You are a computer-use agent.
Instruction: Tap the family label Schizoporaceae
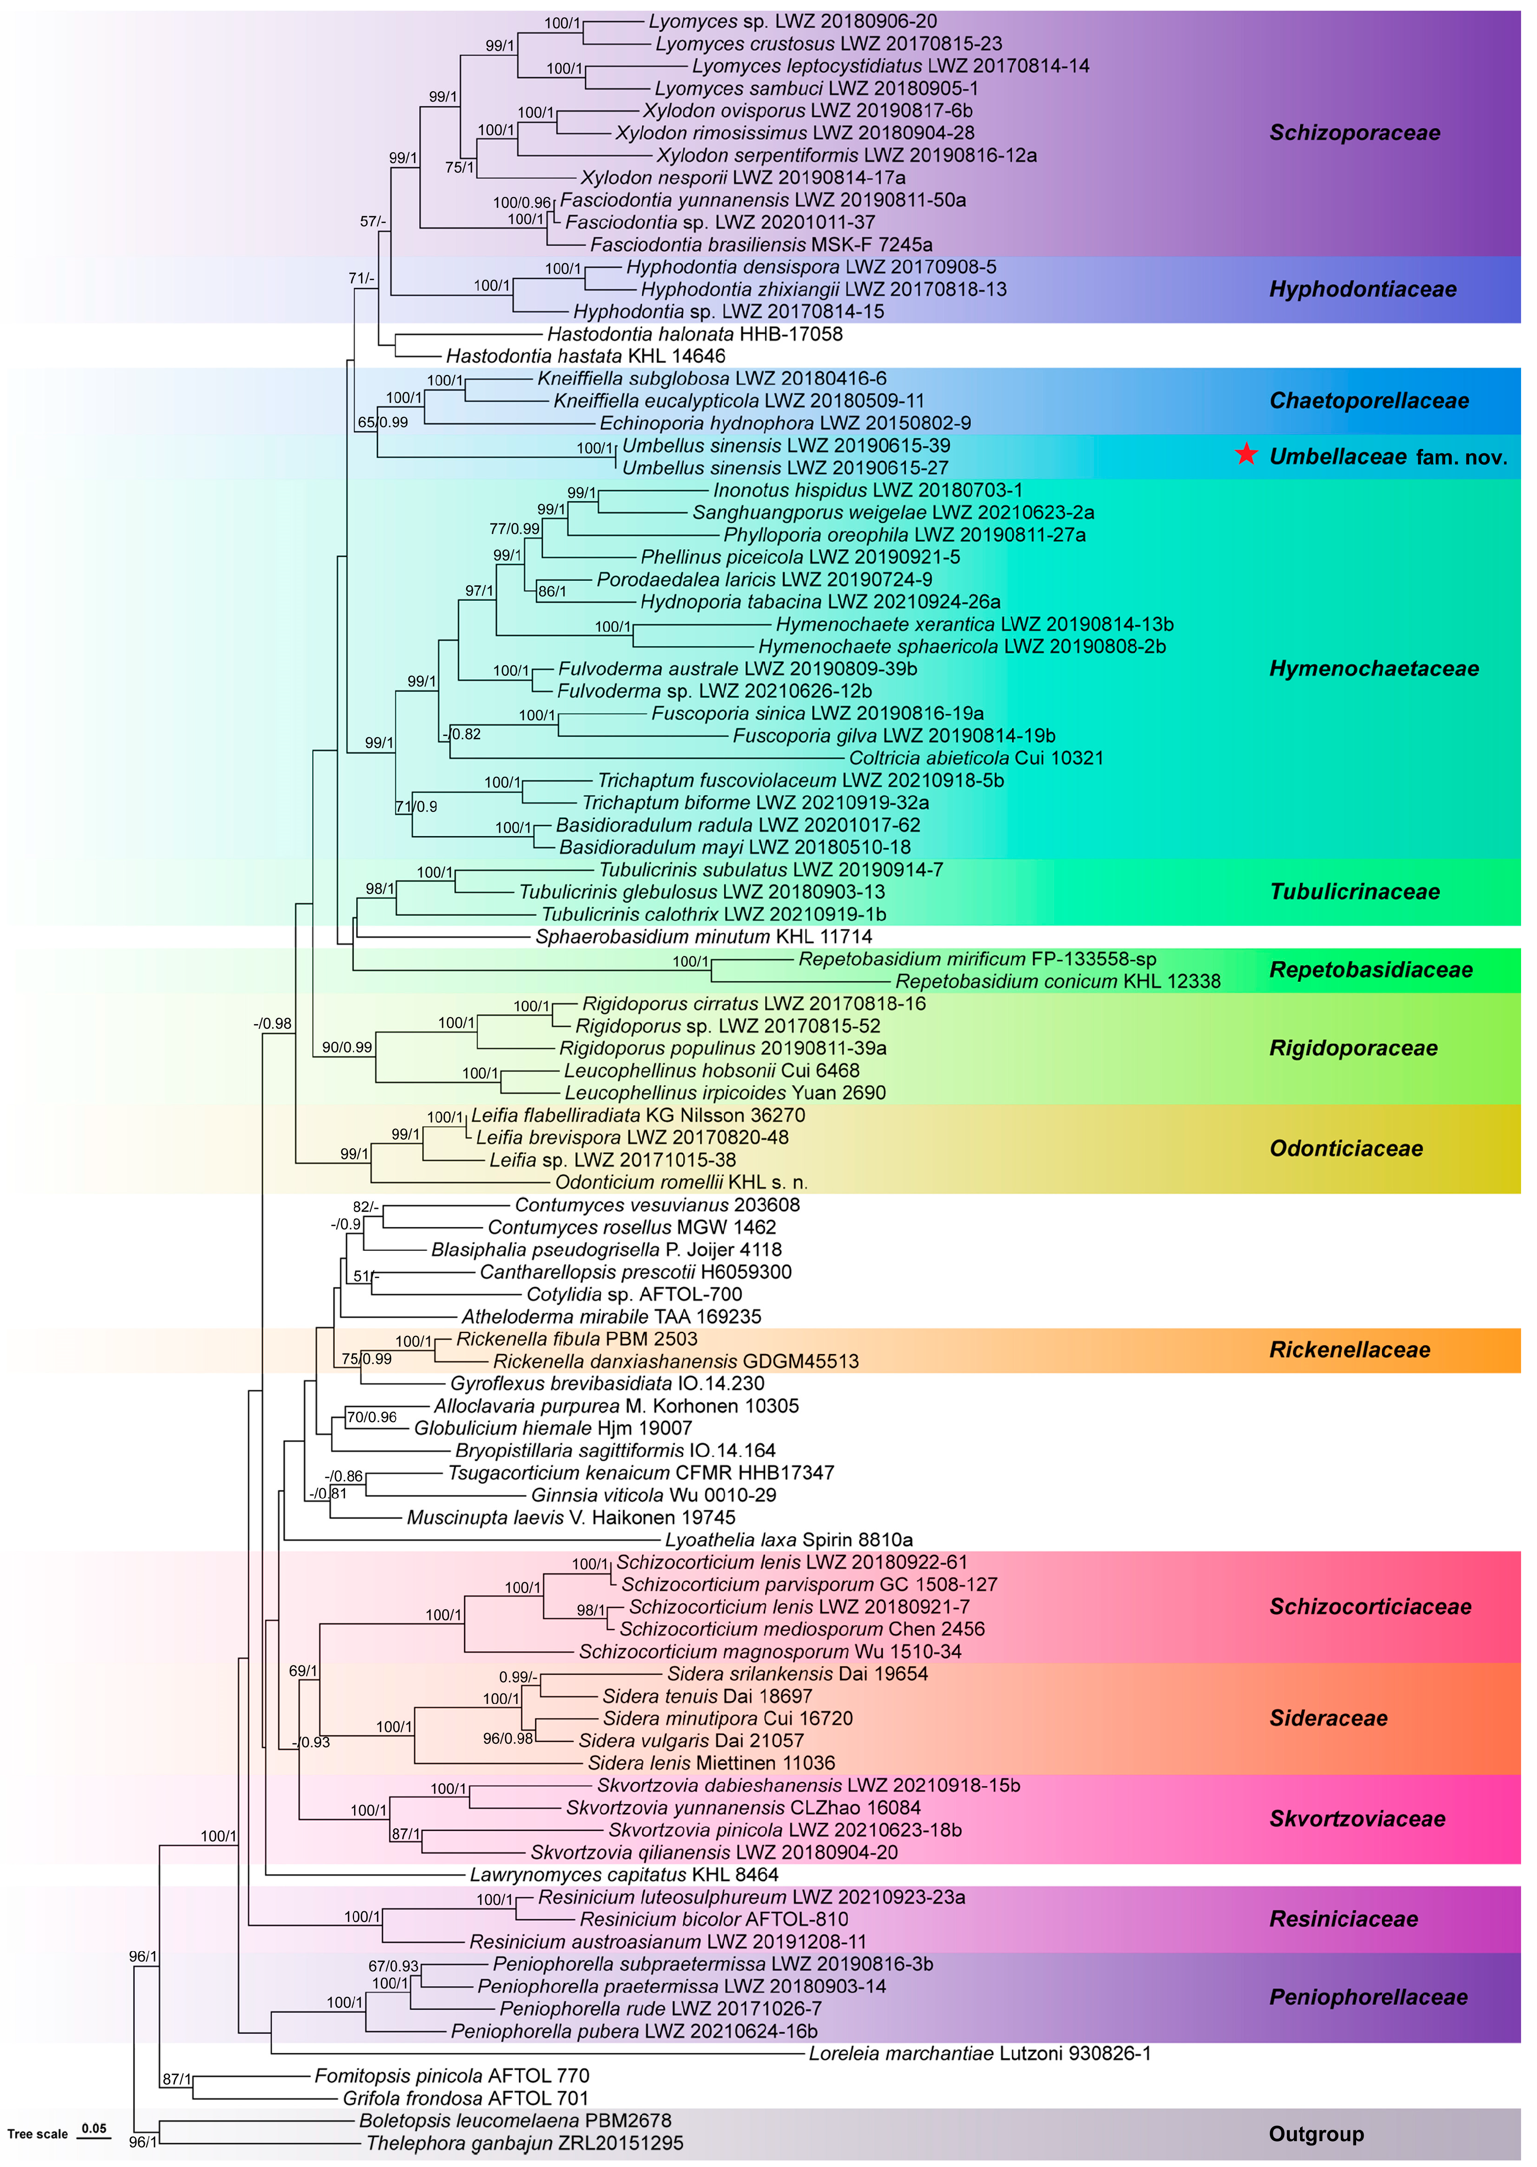click(x=1354, y=133)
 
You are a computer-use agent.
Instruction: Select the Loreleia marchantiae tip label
click(x=980, y=2053)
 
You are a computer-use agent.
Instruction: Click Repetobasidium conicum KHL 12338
click(x=1057, y=981)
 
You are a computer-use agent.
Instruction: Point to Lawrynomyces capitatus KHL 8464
click(x=624, y=1875)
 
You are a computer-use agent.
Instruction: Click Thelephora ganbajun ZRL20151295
click(x=525, y=2143)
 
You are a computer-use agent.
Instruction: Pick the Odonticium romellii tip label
click(x=680, y=1182)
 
